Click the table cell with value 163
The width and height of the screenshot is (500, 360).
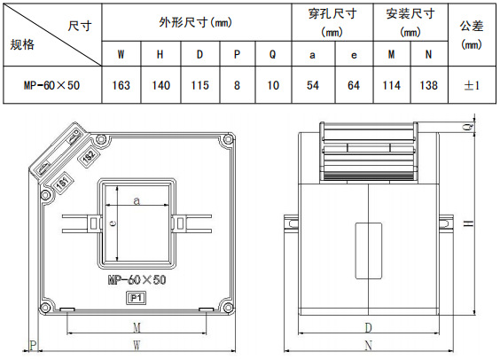[121, 85]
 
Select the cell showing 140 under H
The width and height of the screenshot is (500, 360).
[160, 85]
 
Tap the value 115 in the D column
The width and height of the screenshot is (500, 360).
[200, 85]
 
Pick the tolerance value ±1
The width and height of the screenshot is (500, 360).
[472, 85]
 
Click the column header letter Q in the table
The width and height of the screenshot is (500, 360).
[273, 54]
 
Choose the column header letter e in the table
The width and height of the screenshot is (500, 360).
[354, 55]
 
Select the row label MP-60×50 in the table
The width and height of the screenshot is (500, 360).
[51, 85]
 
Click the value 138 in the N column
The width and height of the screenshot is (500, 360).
[428, 85]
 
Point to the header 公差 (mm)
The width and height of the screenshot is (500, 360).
[472, 35]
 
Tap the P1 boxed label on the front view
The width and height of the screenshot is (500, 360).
[137, 298]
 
